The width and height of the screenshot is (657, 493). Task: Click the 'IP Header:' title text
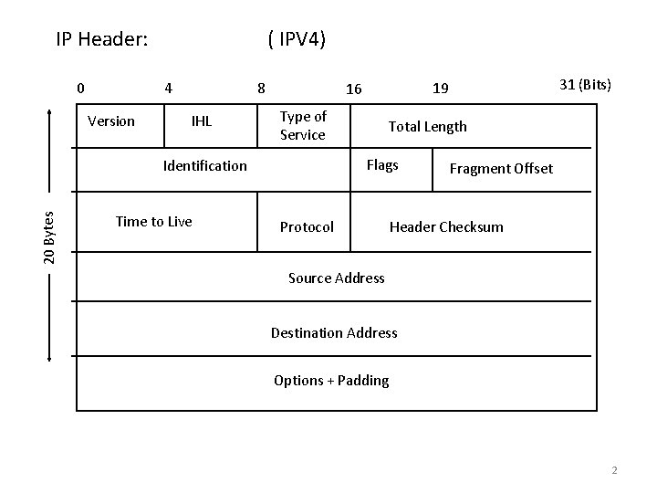click(102, 39)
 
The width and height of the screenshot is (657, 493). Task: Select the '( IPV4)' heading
click(297, 39)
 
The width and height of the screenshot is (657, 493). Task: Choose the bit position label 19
click(440, 89)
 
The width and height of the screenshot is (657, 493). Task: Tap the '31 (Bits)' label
click(585, 85)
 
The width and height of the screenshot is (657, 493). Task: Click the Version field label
click(110, 121)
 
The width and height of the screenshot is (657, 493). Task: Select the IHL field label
click(201, 121)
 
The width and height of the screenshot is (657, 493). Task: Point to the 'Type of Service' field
click(303, 125)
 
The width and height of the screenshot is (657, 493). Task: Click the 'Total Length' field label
click(427, 127)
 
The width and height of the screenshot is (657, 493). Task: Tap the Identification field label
click(204, 165)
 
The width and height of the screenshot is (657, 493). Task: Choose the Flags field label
click(381, 165)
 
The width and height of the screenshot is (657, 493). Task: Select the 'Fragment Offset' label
click(501, 169)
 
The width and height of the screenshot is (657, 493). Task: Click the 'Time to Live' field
click(153, 221)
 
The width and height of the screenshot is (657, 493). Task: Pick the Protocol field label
click(307, 226)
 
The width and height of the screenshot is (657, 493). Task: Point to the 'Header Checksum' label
click(446, 226)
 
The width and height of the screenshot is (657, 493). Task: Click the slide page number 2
click(614, 470)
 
